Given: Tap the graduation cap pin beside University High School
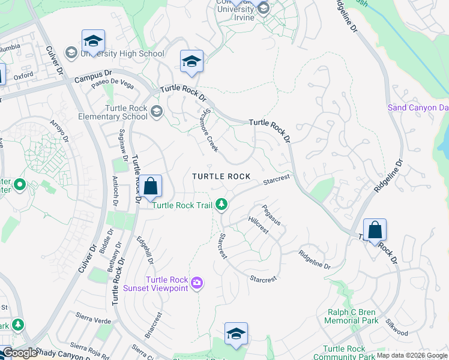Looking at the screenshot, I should (93, 41).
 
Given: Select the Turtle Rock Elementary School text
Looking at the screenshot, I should (126, 112).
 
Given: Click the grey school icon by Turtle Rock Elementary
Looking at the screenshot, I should (157, 111).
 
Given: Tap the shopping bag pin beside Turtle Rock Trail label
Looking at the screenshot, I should (151, 186).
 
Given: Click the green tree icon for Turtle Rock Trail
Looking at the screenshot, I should (222, 205).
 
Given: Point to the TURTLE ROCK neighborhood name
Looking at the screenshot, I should (221, 176).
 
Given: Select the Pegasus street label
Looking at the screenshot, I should (271, 215).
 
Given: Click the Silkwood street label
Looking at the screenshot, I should (397, 328).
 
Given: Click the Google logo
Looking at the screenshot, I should (20, 353).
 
